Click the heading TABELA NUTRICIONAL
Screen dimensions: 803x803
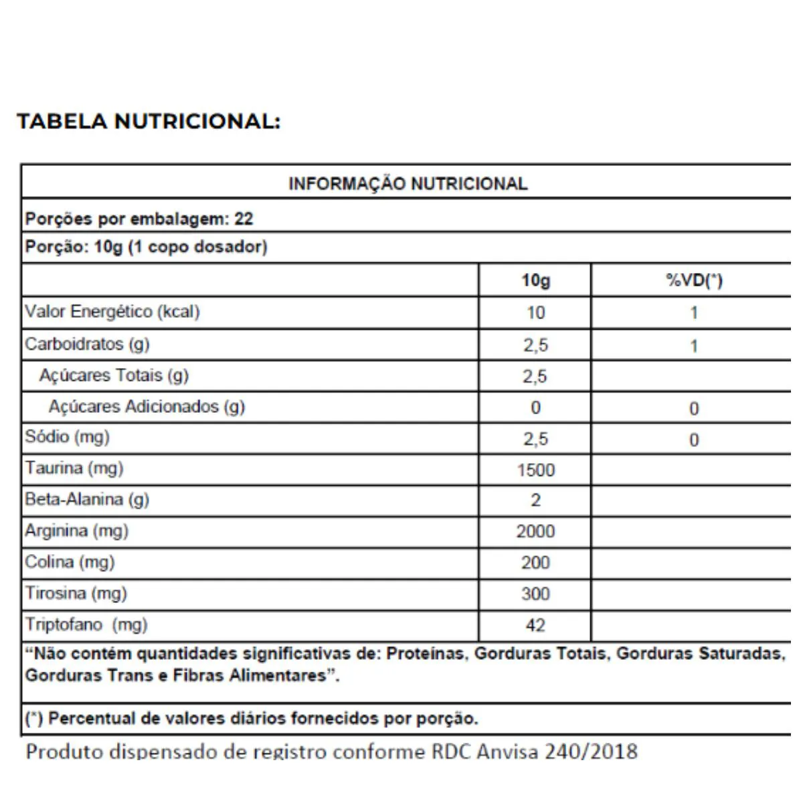[x=149, y=122]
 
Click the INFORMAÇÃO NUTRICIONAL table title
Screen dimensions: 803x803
[x=408, y=184]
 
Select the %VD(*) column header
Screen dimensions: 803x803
[x=694, y=280]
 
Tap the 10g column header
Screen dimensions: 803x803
[x=535, y=280]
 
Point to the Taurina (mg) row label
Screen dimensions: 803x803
[x=74, y=468]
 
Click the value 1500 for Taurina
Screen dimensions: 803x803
[x=535, y=470]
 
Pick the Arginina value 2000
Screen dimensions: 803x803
[x=535, y=532]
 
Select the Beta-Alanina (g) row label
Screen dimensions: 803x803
[x=87, y=500]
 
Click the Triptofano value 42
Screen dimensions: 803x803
[x=535, y=626]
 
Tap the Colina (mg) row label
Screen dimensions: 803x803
[x=70, y=562]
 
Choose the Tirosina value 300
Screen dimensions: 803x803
[x=535, y=594]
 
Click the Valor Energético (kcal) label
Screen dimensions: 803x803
[x=112, y=312]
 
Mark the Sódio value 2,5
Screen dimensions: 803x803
[x=535, y=440]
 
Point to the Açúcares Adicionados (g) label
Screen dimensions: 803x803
[x=147, y=407]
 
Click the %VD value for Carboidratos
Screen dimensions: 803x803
[x=694, y=347]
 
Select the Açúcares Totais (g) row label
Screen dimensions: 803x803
[x=114, y=375]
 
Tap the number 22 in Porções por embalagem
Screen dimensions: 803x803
[x=244, y=219]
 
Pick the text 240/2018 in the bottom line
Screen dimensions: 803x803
[x=591, y=751]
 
